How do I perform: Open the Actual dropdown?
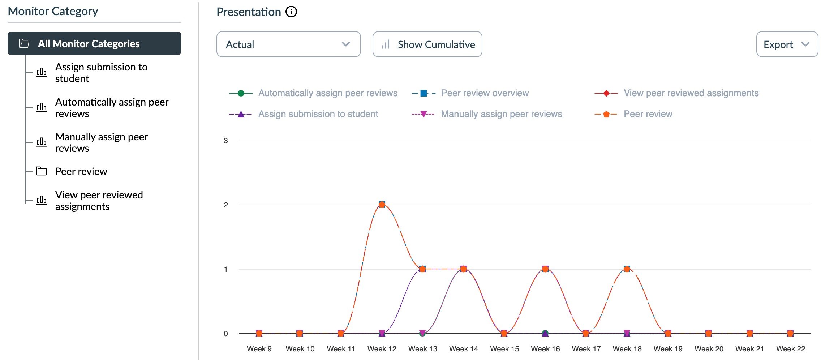coord(288,44)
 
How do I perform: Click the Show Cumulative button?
coord(427,44)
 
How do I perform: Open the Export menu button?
coord(787,44)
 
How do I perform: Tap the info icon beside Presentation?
coord(291,12)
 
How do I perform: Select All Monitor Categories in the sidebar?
coord(94,43)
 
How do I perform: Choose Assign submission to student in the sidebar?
coord(101,73)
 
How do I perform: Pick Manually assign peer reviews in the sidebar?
coord(101,142)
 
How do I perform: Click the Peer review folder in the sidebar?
coord(81,171)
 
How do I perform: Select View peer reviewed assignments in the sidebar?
coord(99,201)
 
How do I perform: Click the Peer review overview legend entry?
coord(484,93)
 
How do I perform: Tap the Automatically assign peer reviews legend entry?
coord(327,93)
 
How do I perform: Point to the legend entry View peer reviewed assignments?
coord(691,93)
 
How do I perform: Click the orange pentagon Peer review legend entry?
coord(648,114)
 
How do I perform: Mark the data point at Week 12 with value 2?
coord(382,205)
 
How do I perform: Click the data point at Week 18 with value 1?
coord(627,269)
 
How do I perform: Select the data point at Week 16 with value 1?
coord(545,269)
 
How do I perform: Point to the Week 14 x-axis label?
coord(463,349)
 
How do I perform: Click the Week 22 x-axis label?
coord(790,349)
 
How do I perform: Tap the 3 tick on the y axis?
coord(226,141)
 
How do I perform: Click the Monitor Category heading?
coord(53,11)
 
